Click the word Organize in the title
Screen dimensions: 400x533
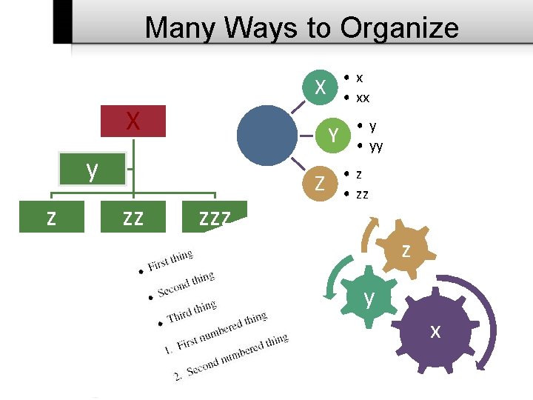[400, 28]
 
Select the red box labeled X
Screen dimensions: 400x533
[133, 121]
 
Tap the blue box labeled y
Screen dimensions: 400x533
[92, 170]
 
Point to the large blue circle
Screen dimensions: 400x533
[267, 134]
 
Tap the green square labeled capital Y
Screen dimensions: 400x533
[335, 134]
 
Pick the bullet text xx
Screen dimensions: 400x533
[363, 98]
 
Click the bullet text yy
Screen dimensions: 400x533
[376, 146]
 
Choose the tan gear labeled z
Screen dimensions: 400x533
[405, 250]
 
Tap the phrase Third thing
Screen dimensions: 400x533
[192, 311]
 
